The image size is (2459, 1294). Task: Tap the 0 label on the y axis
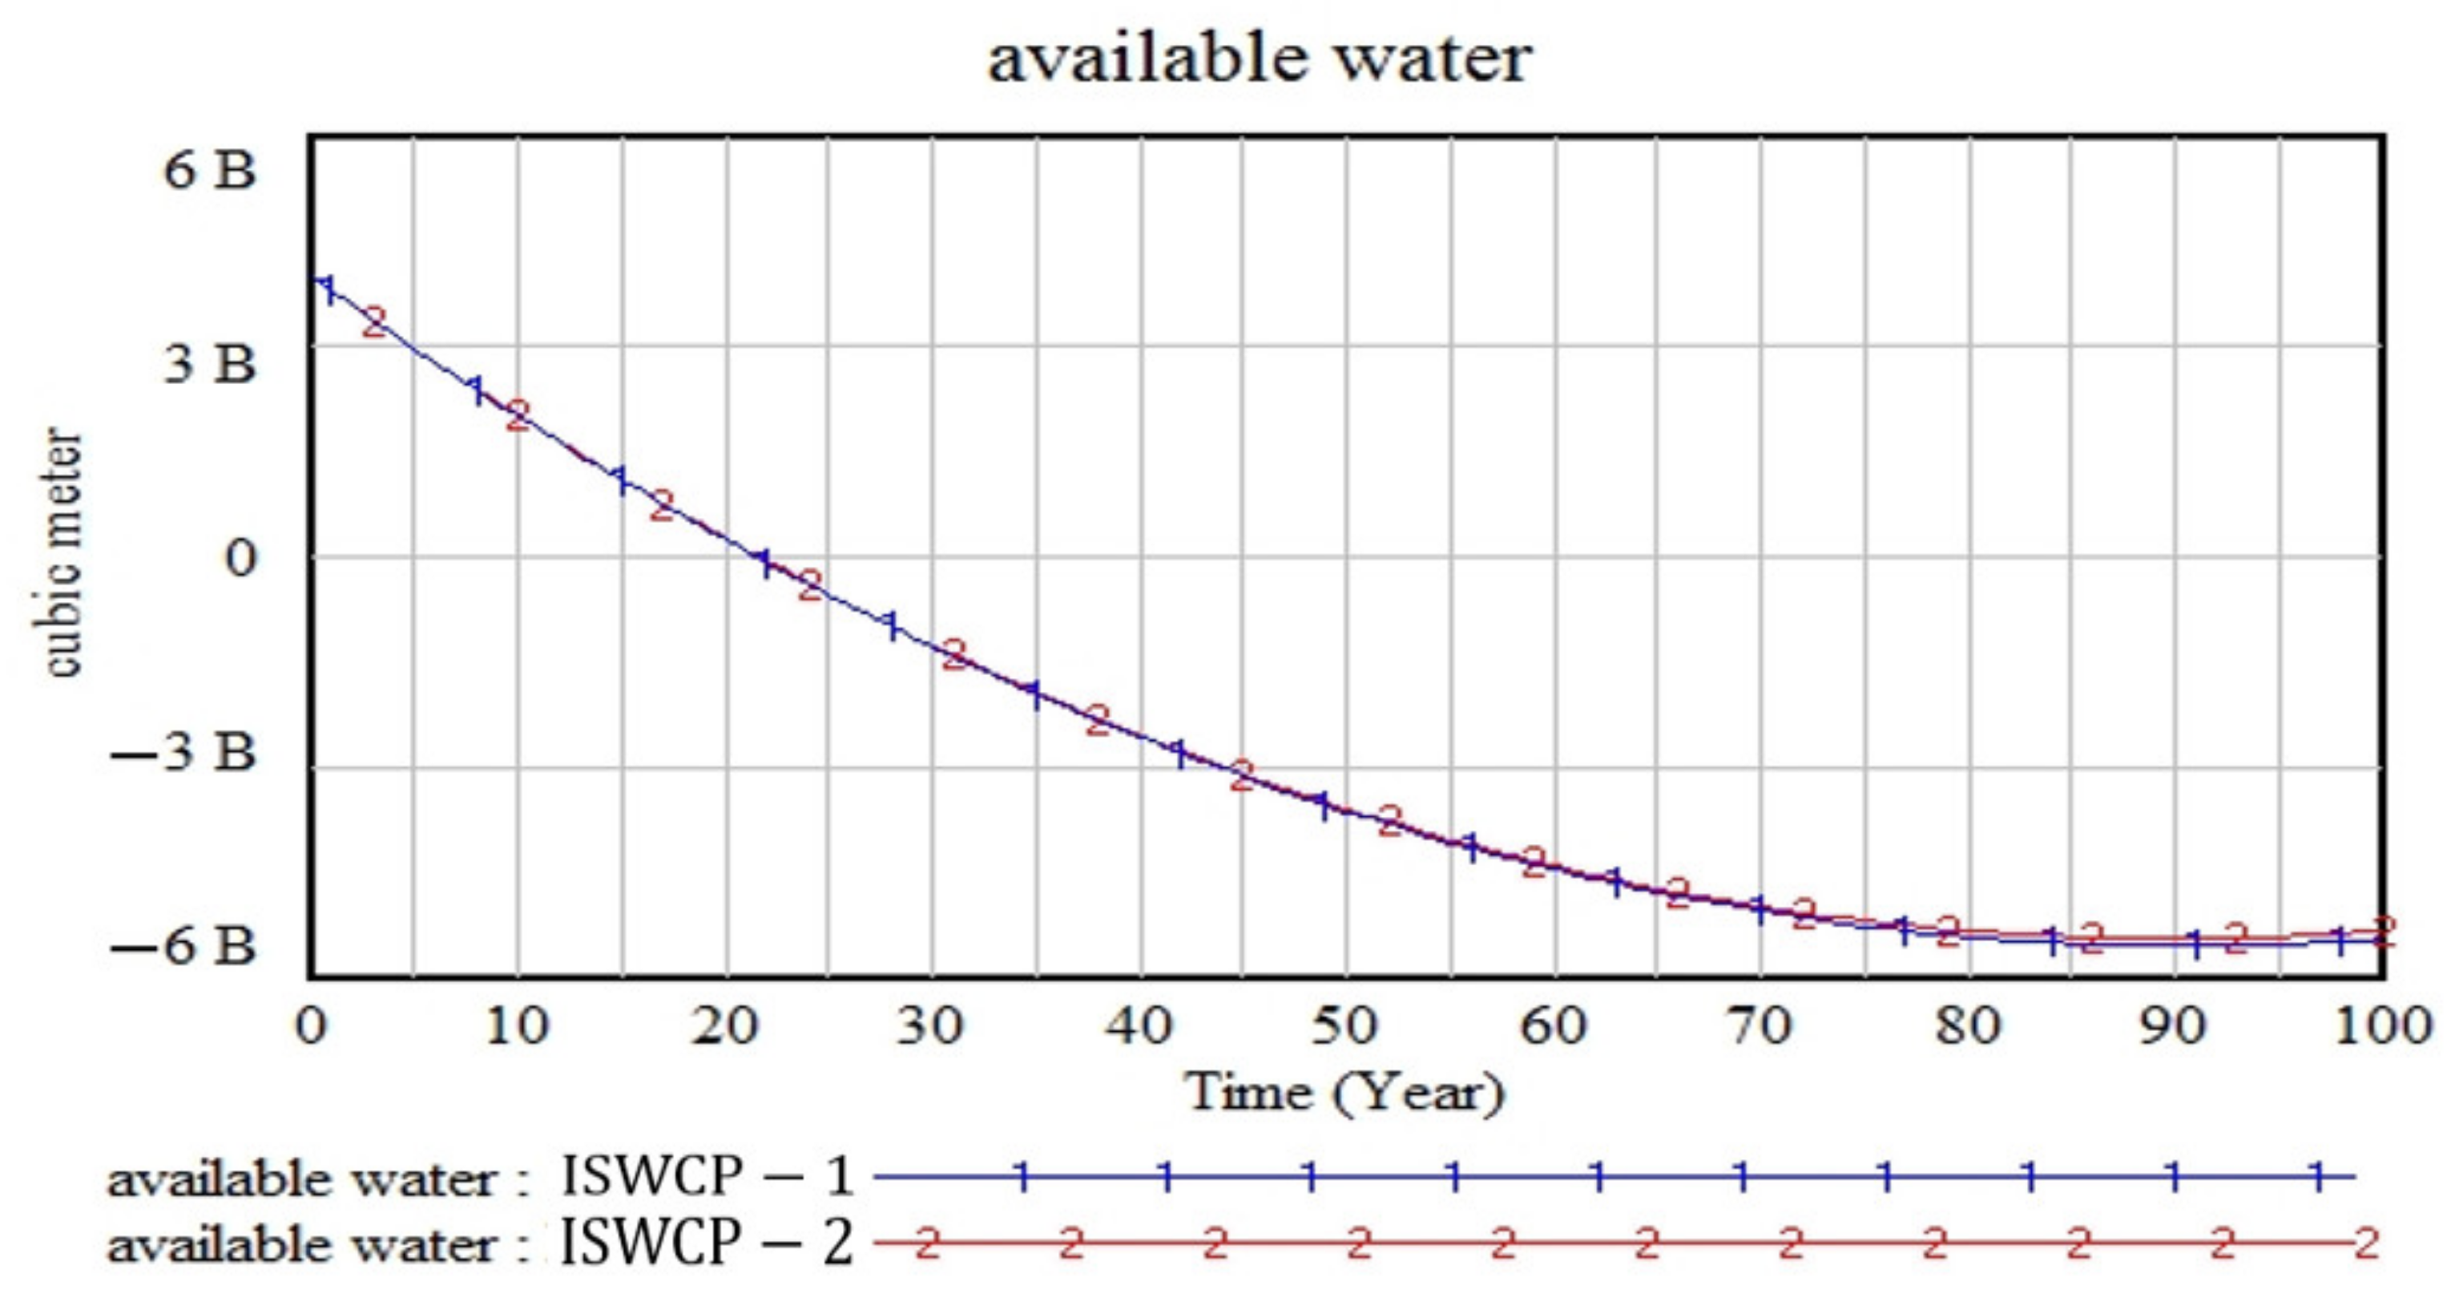click(x=240, y=558)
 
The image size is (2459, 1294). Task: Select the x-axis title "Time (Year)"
click(x=1344, y=1091)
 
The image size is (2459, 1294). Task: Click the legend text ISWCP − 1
click(x=707, y=1176)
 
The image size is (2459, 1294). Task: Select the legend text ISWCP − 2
click(x=707, y=1243)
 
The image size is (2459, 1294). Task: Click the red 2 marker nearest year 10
click(x=518, y=416)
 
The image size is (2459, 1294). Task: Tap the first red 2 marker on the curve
click(x=374, y=321)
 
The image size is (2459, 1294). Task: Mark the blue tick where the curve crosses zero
click(x=764, y=563)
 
